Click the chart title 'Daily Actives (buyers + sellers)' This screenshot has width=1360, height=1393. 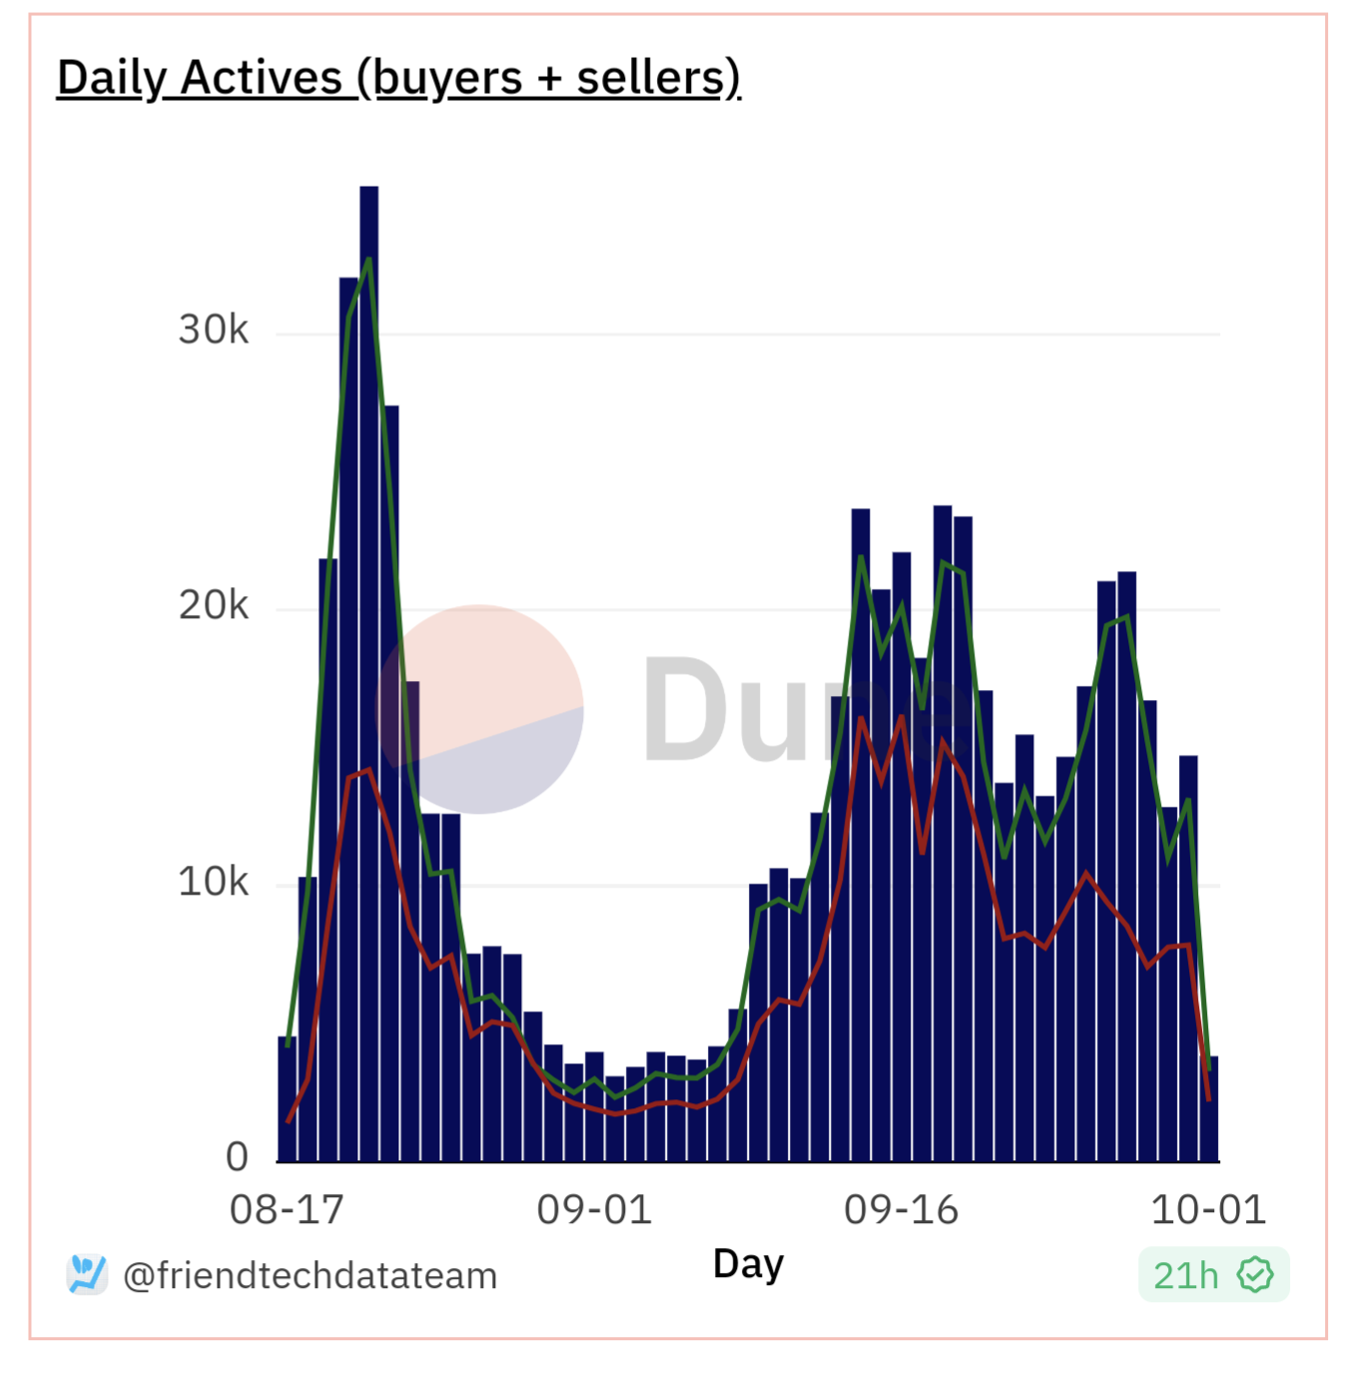pyautogui.click(x=398, y=78)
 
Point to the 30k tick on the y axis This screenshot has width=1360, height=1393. pyautogui.click(x=213, y=330)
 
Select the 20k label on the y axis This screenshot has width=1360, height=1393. pyautogui.click(x=213, y=605)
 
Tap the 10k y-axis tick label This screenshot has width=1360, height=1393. pyautogui.click(x=213, y=882)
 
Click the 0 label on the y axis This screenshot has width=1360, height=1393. pyautogui.click(x=237, y=1156)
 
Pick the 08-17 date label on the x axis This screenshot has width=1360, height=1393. pyautogui.click(x=287, y=1210)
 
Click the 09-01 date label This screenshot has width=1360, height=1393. pyautogui.click(x=594, y=1210)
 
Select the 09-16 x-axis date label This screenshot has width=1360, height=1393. pyautogui.click(x=901, y=1210)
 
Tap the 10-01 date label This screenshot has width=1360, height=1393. pyautogui.click(x=1208, y=1210)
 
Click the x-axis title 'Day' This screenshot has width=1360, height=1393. pyautogui.click(x=748, y=1264)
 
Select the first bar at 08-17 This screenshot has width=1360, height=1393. pyautogui.click(x=288, y=1098)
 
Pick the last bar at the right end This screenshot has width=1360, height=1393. pyautogui.click(x=1213, y=1108)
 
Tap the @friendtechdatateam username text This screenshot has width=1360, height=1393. pyautogui.click(x=310, y=1276)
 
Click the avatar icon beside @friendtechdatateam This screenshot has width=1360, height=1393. pyautogui.click(x=87, y=1274)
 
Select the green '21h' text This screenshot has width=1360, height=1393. pyautogui.click(x=1185, y=1276)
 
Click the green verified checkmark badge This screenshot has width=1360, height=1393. pyautogui.click(x=1255, y=1275)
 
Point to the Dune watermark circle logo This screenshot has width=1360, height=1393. pyautogui.click(x=479, y=709)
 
